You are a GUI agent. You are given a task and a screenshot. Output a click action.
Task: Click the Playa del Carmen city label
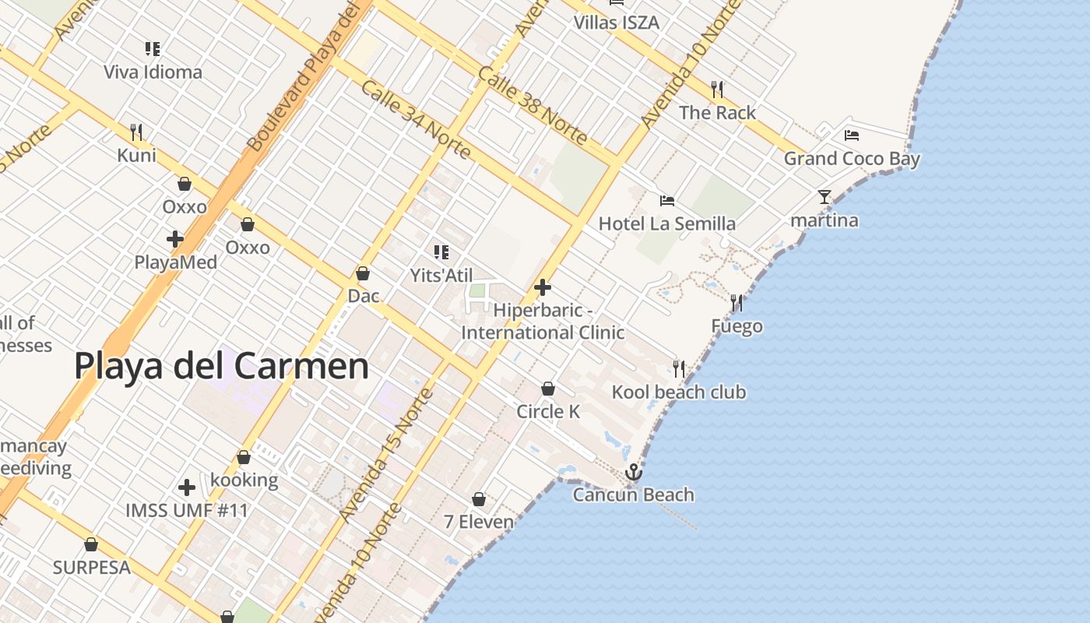pos(221,366)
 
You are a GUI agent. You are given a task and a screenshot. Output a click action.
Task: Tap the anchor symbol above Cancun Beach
pos(634,472)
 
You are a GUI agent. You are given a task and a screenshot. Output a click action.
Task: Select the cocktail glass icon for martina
pos(825,197)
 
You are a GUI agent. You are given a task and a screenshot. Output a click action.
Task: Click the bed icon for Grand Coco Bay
pos(852,136)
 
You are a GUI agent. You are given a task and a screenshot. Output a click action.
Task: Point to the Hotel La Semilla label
pos(666,224)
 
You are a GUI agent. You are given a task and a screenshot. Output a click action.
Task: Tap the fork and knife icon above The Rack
pos(717,90)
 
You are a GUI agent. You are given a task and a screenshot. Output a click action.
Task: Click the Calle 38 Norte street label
pos(533,105)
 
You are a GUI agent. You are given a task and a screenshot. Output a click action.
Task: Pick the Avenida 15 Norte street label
pos(386,456)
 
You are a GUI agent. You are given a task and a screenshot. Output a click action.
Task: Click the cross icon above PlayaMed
pos(175,239)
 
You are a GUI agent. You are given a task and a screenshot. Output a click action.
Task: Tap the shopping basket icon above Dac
pos(363,273)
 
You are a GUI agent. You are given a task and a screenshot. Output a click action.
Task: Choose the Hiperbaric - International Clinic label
pos(543,322)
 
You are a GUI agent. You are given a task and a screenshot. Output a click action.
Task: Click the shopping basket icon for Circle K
pos(548,389)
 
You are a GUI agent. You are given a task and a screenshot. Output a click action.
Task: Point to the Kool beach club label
pos(679,392)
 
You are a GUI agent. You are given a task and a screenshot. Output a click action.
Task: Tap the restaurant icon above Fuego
pos(737,303)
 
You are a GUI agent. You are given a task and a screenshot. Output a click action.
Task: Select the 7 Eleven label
pos(479,522)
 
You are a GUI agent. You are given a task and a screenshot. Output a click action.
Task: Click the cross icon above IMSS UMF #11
pos(187,487)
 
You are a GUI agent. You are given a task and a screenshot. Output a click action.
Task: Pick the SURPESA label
pos(91,568)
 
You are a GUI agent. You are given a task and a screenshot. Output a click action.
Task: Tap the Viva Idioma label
pos(153,72)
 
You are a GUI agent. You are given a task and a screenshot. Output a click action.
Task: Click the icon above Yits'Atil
pos(441,252)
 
